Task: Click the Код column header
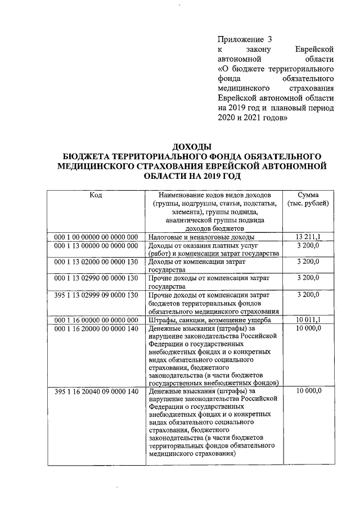coord(96,195)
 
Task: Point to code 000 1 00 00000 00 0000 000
coord(96,237)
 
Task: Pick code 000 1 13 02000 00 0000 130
coord(96,262)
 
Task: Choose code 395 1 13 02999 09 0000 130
coord(96,295)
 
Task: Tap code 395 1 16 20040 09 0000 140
coord(96,391)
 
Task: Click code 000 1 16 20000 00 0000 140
coord(96,328)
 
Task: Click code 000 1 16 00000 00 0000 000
coord(96,320)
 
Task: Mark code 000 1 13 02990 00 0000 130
coord(96,278)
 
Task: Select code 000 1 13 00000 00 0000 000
coord(96,246)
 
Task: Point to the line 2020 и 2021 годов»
coord(253,118)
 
